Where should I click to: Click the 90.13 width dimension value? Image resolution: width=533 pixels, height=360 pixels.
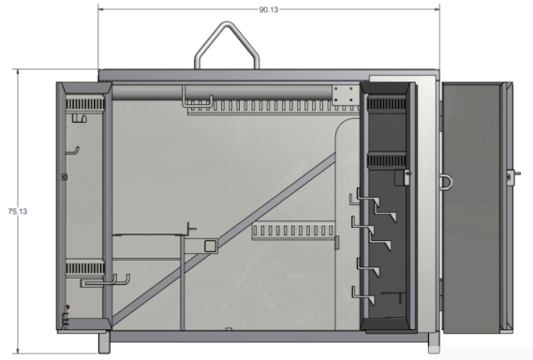tap(269, 10)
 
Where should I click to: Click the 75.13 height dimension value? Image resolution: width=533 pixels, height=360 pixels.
tap(18, 211)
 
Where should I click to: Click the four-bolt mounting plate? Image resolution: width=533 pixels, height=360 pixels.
tap(346, 95)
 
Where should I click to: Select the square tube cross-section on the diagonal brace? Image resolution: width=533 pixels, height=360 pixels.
tap(211, 246)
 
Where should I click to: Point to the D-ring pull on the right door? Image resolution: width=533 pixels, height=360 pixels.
tap(446, 181)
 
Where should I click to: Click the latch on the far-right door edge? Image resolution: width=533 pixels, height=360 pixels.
tap(511, 177)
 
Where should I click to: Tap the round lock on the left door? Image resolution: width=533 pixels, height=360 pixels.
tap(64, 177)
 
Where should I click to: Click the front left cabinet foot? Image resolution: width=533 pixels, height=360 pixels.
tap(104, 342)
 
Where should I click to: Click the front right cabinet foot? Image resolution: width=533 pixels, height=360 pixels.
tap(434, 343)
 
